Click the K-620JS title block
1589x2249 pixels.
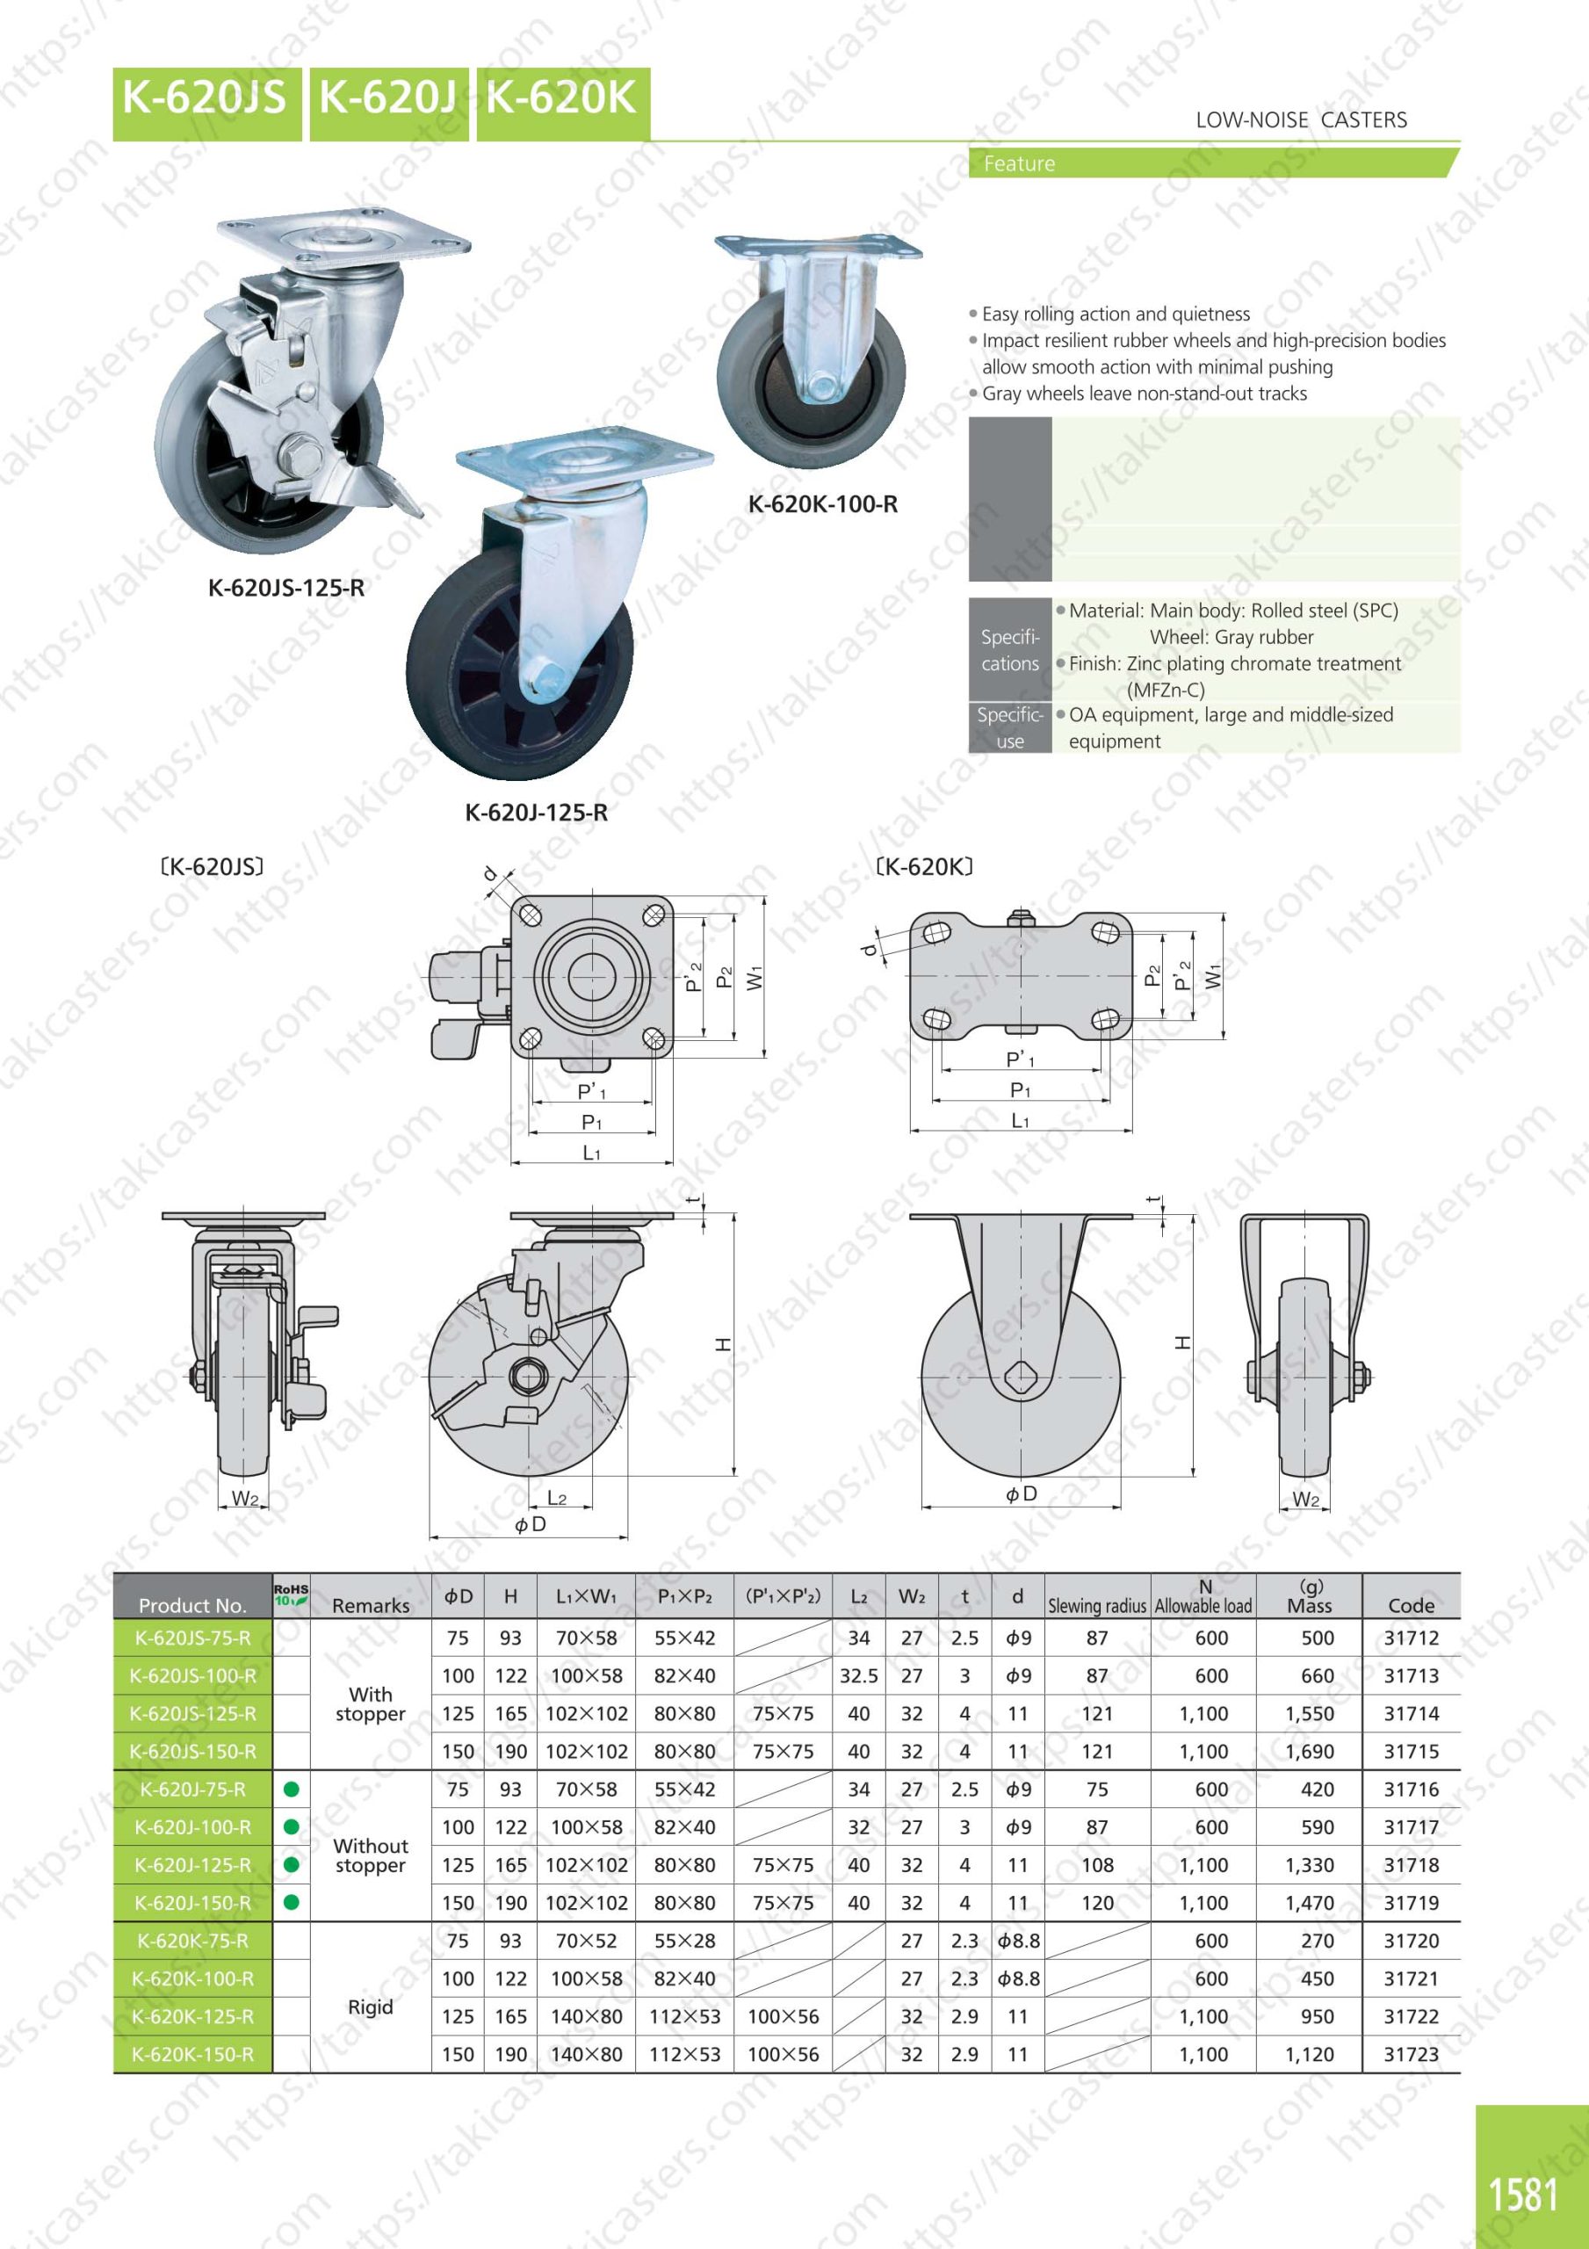[206, 104]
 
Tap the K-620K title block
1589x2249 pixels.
[562, 104]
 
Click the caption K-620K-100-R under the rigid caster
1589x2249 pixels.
[823, 504]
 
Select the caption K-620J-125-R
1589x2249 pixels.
[536, 812]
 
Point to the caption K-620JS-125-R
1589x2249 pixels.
[286, 588]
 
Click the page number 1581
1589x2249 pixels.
[1523, 2195]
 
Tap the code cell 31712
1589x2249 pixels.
[1411, 1638]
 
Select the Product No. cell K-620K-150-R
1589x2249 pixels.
[193, 2055]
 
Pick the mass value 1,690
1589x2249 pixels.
[1310, 1752]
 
